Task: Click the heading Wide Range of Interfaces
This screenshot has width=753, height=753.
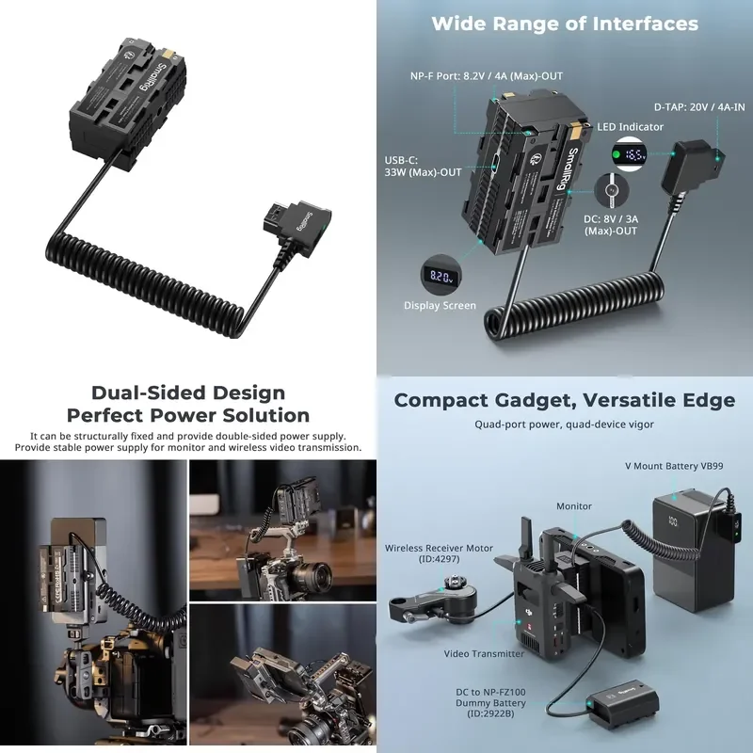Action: tap(565, 24)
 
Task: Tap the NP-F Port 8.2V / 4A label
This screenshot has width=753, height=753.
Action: tap(487, 76)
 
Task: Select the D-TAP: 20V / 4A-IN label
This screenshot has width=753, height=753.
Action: tap(699, 107)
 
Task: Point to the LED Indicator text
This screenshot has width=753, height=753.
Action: tap(630, 127)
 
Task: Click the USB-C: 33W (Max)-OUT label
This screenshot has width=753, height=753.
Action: tap(423, 167)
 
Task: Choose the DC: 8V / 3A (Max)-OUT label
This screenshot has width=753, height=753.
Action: tap(611, 225)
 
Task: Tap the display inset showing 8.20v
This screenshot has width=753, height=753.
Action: tap(441, 276)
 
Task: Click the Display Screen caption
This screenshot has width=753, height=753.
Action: tap(440, 305)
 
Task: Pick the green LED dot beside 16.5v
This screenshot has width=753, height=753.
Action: tap(617, 154)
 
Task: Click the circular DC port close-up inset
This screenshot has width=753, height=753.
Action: tap(611, 190)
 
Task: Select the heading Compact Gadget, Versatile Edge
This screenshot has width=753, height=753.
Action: tap(565, 400)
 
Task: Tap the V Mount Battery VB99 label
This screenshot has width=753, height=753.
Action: tap(674, 466)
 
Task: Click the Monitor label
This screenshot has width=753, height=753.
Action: tap(574, 506)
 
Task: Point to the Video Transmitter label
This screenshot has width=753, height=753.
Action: tap(484, 653)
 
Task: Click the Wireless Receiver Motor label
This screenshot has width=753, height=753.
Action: tap(439, 553)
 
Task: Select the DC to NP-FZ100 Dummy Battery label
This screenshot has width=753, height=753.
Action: tap(490, 702)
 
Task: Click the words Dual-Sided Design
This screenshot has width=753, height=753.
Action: tap(188, 393)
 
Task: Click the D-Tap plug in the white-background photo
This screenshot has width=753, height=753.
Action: tap(297, 226)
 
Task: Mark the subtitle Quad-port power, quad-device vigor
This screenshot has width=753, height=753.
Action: tap(564, 425)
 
